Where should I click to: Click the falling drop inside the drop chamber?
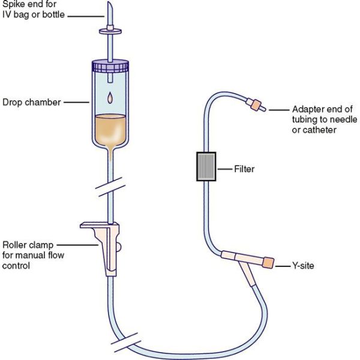pos(110,98)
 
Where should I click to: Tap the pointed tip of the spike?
pos(109,2)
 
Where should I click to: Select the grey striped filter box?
pos(206,166)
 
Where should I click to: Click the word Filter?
pos(244,169)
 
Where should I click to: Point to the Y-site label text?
pos(303,266)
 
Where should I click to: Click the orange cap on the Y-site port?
pos(268,263)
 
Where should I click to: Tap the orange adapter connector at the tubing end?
pos(256,105)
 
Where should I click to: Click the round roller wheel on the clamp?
pos(118,247)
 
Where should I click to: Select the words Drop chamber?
pos(32,103)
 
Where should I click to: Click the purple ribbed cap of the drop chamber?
pos(110,66)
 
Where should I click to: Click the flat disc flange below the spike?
pos(110,31)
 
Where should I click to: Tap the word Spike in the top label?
pos(13,5)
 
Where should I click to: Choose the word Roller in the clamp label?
pos(14,245)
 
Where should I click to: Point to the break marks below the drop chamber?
pos(110,187)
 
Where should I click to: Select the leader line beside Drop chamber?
pos(76,103)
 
